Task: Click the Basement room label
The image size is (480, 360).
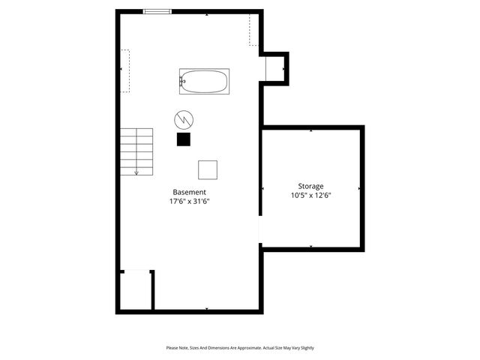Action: click(x=189, y=192)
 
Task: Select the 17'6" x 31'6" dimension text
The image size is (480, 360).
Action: click(x=189, y=201)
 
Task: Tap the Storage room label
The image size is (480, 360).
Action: click(x=310, y=186)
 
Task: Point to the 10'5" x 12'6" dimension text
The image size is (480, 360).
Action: click(x=310, y=195)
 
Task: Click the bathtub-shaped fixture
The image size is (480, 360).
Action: click(x=204, y=81)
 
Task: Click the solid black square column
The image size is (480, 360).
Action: click(x=183, y=139)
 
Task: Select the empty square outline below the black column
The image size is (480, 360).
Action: click(x=208, y=169)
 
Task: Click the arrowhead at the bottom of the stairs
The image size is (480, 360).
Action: click(x=136, y=173)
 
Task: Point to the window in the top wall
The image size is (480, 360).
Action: click(x=157, y=11)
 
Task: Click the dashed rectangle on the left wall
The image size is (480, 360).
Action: click(x=124, y=71)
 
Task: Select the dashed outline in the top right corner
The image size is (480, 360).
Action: click(x=254, y=30)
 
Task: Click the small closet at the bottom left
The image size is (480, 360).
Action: click(x=136, y=289)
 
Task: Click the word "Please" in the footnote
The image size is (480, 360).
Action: click(x=173, y=348)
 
